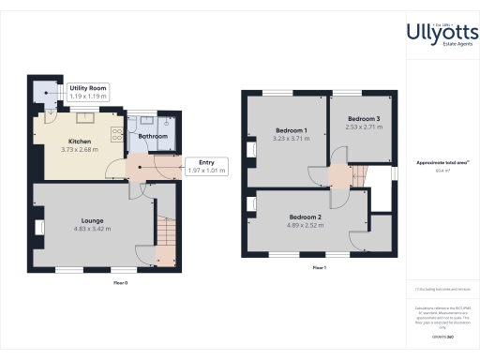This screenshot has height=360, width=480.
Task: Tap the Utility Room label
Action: pos(88,88)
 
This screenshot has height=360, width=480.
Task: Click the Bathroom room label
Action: pos(153,136)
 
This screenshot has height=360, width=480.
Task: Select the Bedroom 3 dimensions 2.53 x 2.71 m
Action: pos(364,126)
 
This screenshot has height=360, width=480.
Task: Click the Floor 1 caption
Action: pos(319,268)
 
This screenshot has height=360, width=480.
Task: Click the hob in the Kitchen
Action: pos(116,134)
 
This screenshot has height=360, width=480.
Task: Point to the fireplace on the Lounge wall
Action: pos(39,226)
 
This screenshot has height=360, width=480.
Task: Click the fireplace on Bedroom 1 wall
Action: pos(250,150)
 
